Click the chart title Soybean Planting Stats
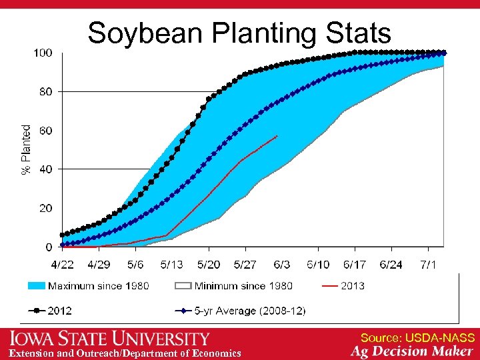tap(239, 33)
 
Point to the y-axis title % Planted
tap(27, 150)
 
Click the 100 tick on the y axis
tap(43, 53)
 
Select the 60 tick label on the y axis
tap(45, 131)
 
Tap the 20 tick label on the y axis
tap(45, 209)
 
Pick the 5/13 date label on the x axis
tap(171, 265)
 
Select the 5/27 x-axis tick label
tap(245, 265)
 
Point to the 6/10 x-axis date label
tap(318, 265)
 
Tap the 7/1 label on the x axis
tap(427, 265)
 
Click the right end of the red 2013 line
tap(277, 136)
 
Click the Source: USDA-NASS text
tap(417, 338)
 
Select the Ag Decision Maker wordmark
tap(412, 351)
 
